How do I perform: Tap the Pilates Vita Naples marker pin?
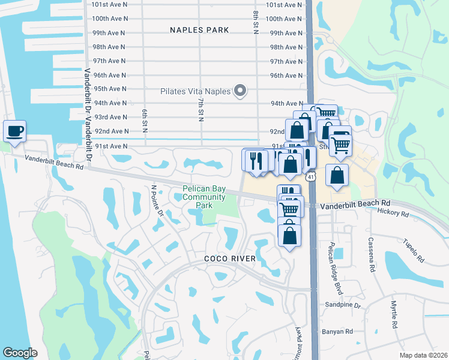[x=240, y=91]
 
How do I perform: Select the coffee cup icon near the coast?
[x=14, y=131]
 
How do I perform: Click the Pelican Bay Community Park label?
[x=204, y=197]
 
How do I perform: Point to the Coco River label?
[x=230, y=259]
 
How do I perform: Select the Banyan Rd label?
[x=337, y=331]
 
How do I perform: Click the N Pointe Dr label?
[x=157, y=200]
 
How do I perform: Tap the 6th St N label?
[x=145, y=121]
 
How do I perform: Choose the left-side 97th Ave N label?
[x=109, y=61]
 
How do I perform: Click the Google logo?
[x=20, y=353]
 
